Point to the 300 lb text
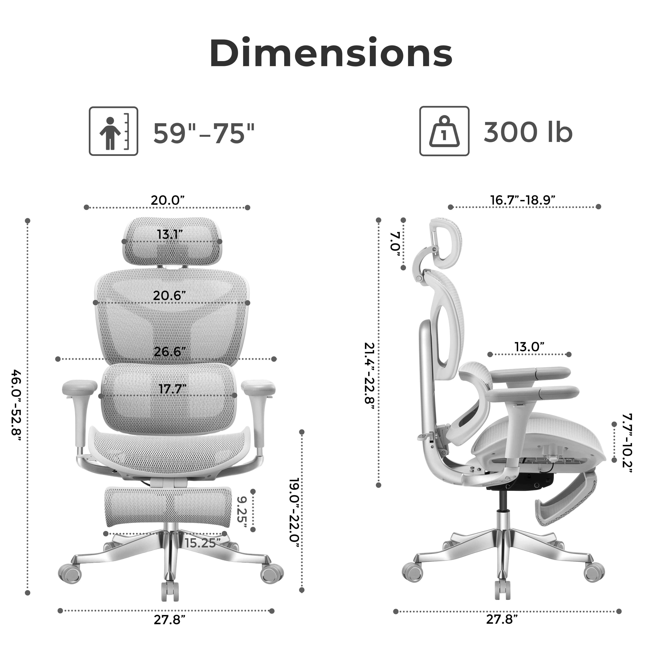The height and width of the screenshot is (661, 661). point(528,132)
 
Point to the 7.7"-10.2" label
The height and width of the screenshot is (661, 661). point(627,443)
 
